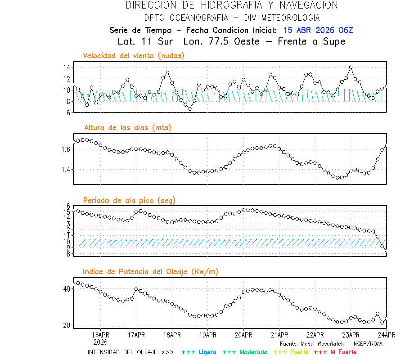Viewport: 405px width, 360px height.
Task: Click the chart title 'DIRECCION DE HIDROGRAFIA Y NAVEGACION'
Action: (232, 5)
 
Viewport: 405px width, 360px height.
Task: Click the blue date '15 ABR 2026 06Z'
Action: (318, 30)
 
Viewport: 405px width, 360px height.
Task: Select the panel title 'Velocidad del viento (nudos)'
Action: (134, 56)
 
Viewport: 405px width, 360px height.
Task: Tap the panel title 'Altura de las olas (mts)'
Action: (127, 128)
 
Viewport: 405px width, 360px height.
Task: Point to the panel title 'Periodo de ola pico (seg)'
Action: (129, 200)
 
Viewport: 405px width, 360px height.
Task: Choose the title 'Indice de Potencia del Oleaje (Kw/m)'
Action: (151, 272)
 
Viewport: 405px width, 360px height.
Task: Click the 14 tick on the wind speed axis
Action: (66, 67)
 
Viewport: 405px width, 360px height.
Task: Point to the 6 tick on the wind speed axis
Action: (67, 113)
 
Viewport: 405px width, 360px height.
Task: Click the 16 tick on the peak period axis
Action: (66, 206)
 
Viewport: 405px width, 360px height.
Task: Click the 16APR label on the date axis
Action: (100, 335)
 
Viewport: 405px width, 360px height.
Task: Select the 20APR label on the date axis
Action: (243, 335)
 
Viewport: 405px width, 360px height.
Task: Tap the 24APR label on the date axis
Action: (386, 335)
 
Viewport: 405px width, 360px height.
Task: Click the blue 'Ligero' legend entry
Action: (199, 352)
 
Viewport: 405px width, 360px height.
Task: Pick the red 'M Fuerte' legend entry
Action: (335, 352)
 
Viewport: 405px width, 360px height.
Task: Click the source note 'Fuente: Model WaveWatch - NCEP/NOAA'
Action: (331, 343)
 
